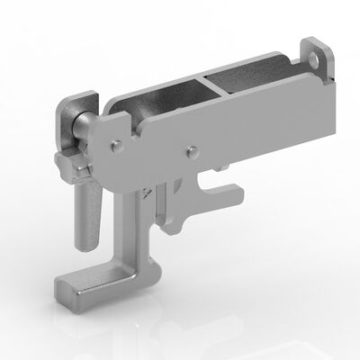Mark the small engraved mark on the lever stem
click(x=145, y=193)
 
